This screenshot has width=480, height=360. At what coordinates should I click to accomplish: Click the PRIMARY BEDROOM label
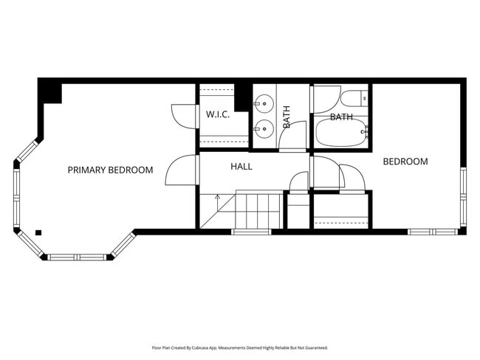click(110, 170)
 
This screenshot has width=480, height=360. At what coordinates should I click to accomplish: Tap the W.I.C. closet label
click(218, 115)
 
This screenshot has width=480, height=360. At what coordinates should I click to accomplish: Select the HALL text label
click(241, 167)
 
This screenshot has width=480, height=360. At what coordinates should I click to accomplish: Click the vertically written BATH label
click(287, 117)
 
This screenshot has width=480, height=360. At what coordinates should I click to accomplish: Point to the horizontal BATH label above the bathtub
click(341, 117)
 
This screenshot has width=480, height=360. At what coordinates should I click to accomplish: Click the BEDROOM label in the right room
click(405, 162)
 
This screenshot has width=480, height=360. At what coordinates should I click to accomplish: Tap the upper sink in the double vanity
click(264, 105)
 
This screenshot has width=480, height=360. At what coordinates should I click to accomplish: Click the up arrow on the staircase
click(217, 198)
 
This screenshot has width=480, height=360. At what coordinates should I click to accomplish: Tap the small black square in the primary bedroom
click(38, 232)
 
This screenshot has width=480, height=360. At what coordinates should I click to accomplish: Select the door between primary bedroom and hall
click(181, 171)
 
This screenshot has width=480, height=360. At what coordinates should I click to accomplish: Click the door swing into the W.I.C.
click(183, 116)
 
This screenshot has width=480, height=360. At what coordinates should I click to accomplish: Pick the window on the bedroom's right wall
click(463, 196)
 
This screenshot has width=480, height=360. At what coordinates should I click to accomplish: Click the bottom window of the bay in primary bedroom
click(77, 257)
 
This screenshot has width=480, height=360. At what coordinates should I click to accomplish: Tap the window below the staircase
click(251, 232)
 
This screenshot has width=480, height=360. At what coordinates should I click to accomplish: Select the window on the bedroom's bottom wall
click(433, 232)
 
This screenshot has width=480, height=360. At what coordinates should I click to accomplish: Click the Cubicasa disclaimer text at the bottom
click(239, 347)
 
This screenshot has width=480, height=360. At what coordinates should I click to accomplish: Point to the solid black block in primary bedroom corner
click(50, 92)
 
